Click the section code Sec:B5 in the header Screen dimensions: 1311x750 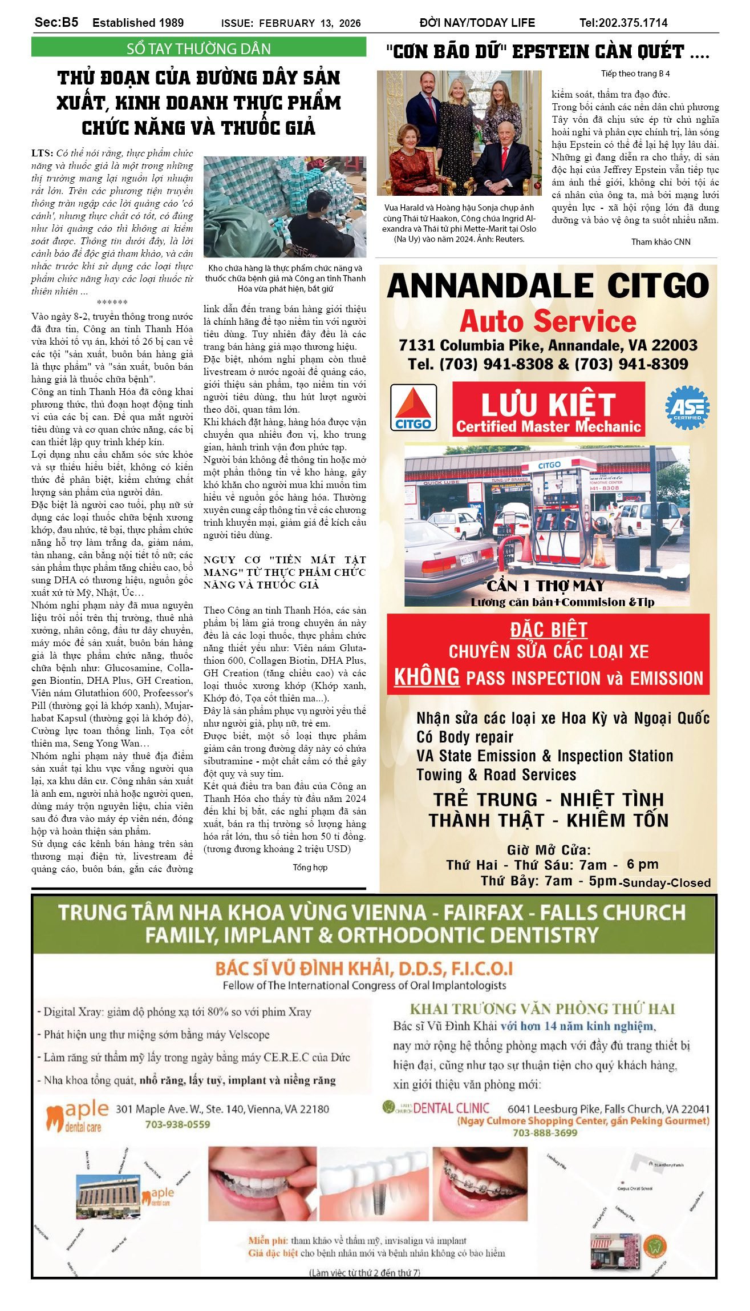[x=56, y=22]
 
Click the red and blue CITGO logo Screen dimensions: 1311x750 [x=413, y=407]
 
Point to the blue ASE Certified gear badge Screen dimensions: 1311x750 [x=687, y=408]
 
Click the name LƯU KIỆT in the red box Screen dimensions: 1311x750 [x=548, y=404]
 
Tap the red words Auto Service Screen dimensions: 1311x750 [x=548, y=321]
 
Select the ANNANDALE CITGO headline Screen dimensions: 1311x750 [x=548, y=286]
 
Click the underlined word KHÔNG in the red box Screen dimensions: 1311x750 [x=427, y=677]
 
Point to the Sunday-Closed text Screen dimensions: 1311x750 [x=666, y=882]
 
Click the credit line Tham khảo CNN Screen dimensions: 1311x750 [x=660, y=241]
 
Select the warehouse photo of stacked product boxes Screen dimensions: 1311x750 [x=285, y=207]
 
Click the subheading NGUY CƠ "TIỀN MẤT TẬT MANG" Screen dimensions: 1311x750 [x=285, y=572]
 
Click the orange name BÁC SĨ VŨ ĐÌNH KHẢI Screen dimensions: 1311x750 [x=364, y=969]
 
